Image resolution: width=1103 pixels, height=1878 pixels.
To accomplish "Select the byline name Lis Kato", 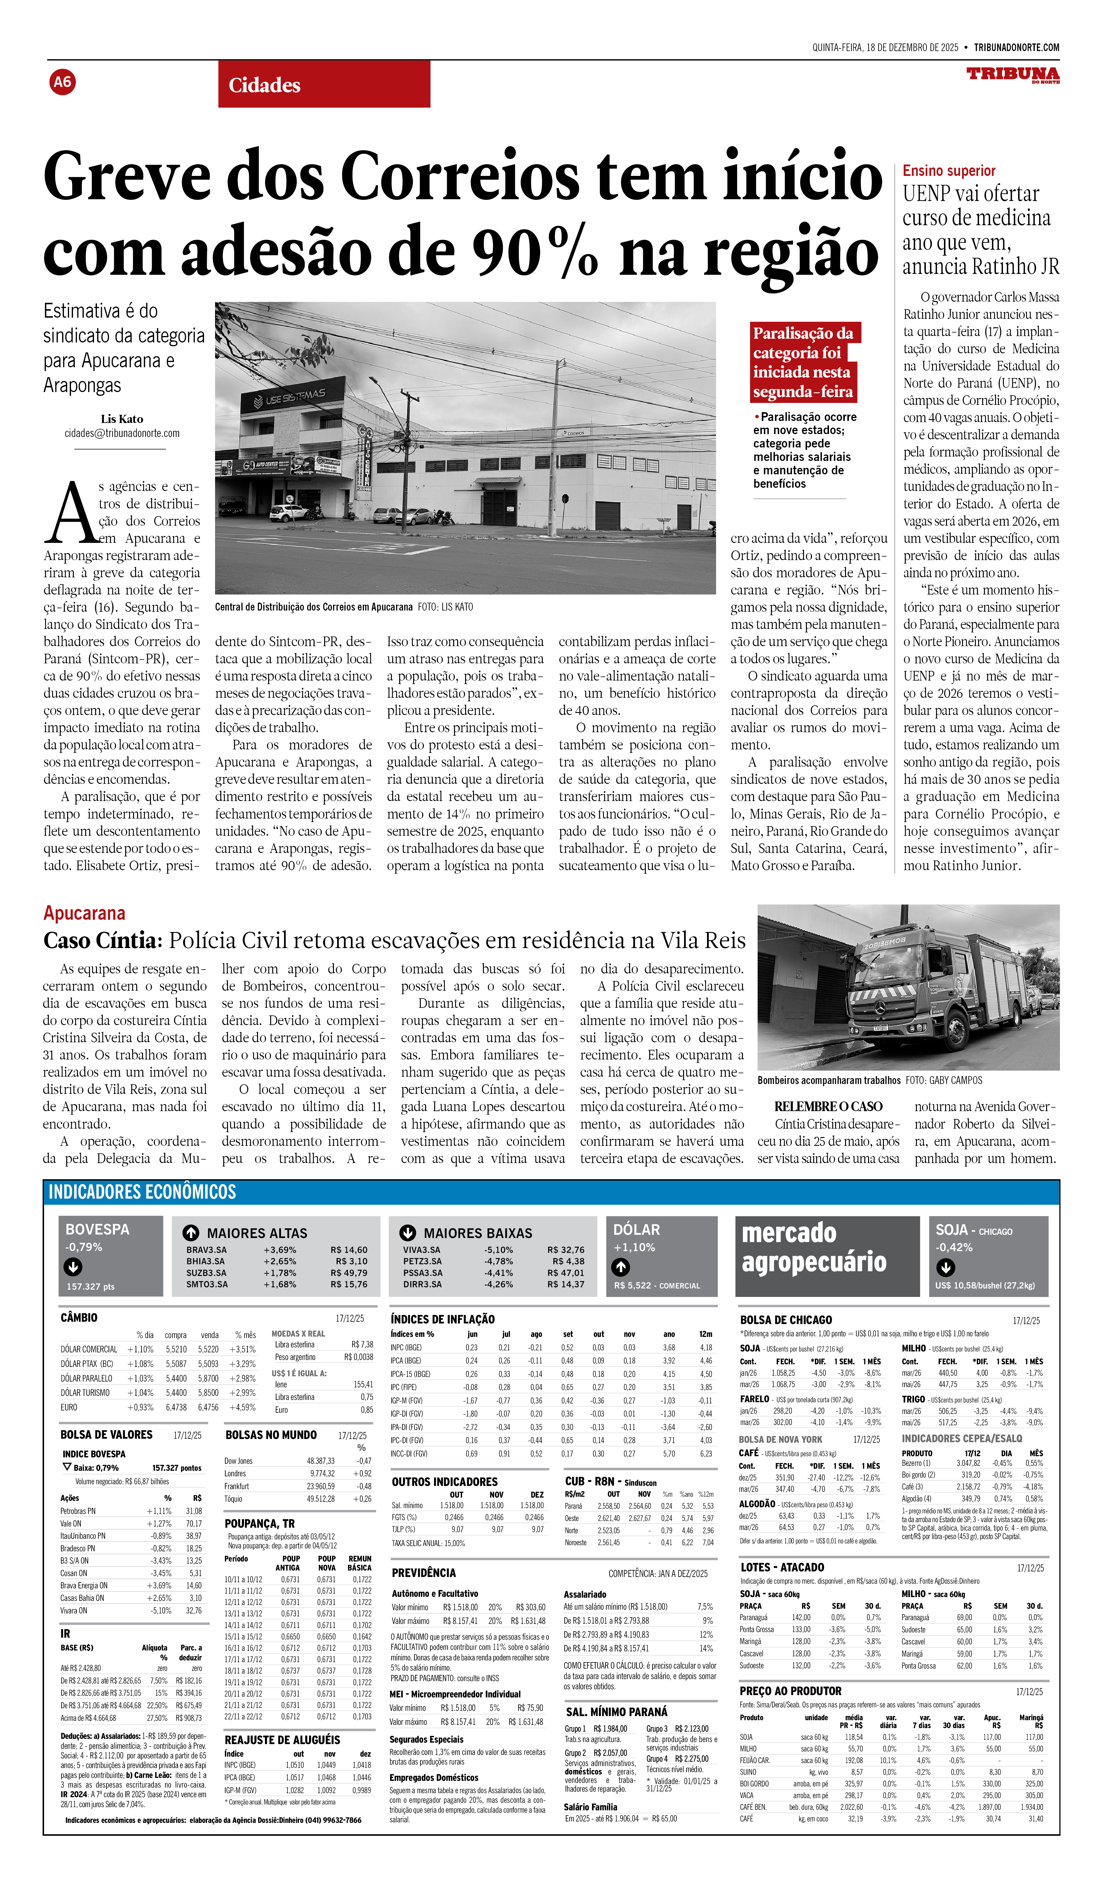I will tap(121, 419).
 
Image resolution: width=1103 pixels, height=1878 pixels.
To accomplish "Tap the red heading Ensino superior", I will tap(949, 171).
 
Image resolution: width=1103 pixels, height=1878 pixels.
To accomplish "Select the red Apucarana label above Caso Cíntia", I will tap(84, 913).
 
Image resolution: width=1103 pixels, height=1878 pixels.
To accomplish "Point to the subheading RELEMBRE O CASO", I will tap(828, 1107).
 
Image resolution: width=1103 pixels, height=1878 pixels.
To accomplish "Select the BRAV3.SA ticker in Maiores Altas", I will tap(206, 1250).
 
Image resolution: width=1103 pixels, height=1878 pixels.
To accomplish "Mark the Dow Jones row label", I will tap(238, 1461).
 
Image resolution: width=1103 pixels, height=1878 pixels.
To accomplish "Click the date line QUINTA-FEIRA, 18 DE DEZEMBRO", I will tap(885, 47).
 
